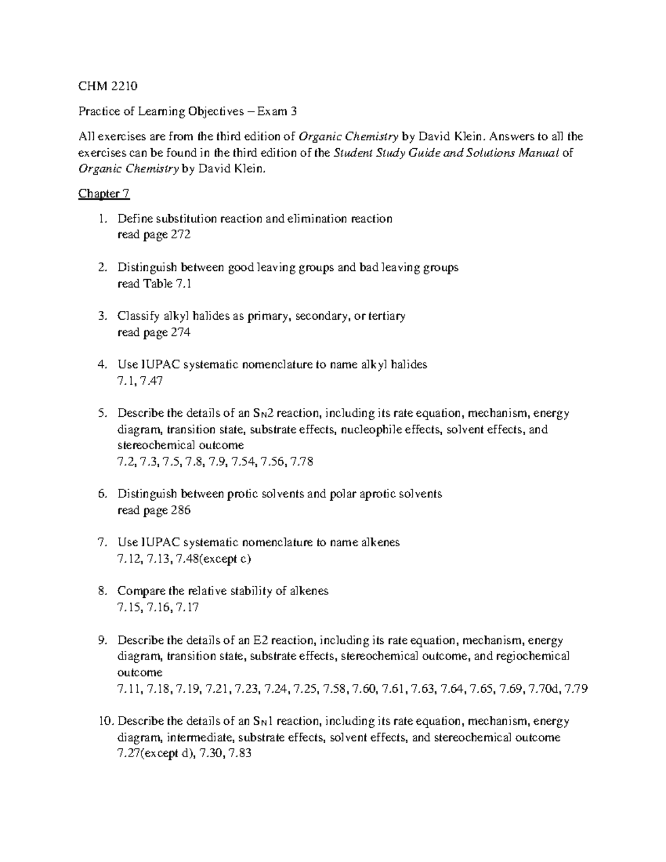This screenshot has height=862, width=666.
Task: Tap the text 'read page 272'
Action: click(x=154, y=235)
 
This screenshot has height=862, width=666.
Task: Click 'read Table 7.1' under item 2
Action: click(x=154, y=284)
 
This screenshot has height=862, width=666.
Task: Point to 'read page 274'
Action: click(x=154, y=332)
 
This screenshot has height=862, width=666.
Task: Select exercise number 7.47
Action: click(x=151, y=381)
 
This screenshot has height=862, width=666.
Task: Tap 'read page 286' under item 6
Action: click(x=154, y=510)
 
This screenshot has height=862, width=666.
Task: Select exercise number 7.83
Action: click(x=240, y=754)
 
